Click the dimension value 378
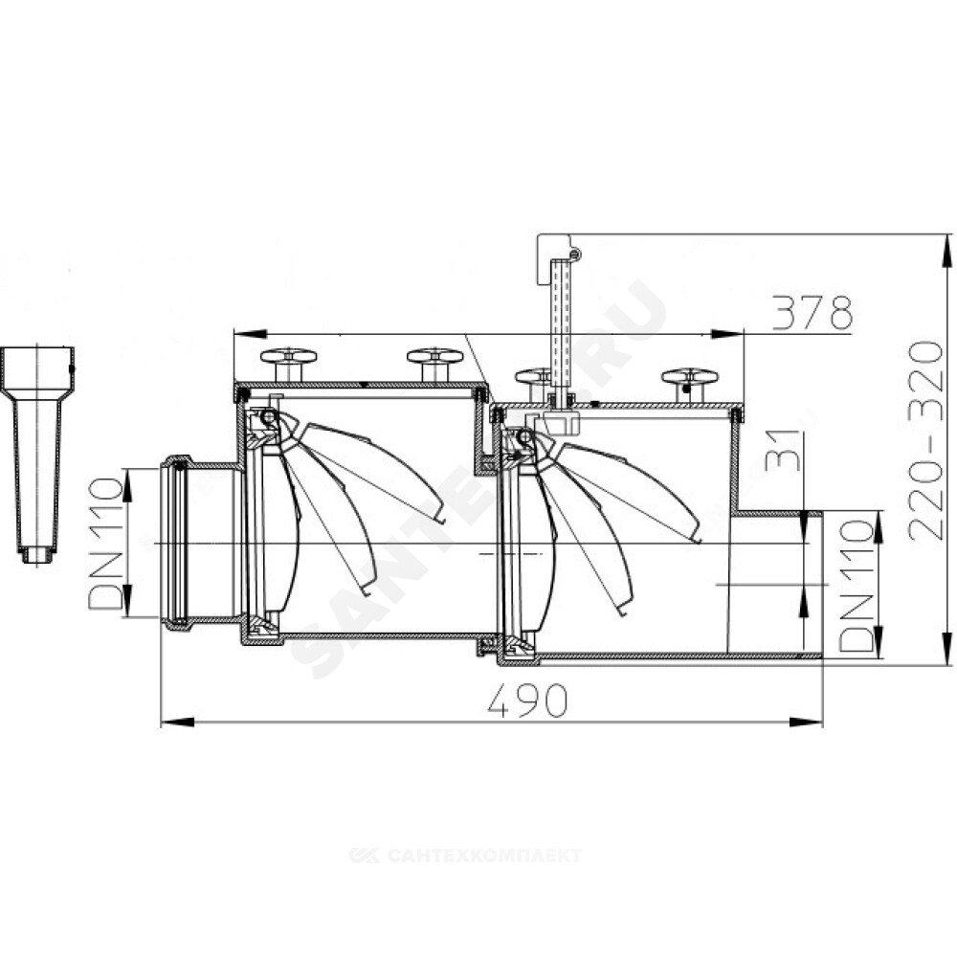click(x=812, y=313)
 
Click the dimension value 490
click(x=528, y=701)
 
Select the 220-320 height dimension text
click(x=925, y=440)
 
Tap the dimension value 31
click(x=782, y=450)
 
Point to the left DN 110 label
click(x=105, y=544)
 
